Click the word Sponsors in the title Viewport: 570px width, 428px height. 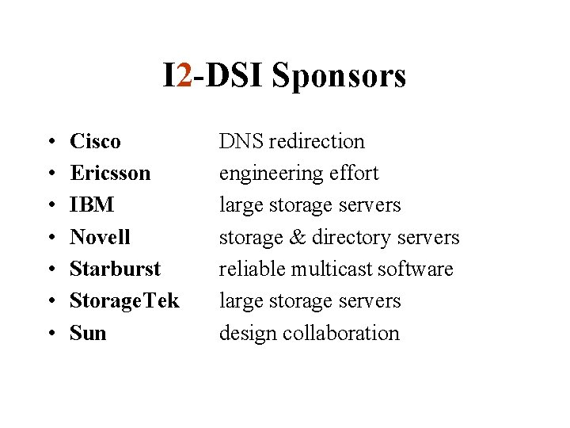(338, 76)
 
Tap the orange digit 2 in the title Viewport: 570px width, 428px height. (185, 75)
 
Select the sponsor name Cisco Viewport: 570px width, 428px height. (95, 142)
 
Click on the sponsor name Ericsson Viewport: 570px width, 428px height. (110, 174)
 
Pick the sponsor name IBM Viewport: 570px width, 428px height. (92, 205)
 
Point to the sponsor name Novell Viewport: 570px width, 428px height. (100, 237)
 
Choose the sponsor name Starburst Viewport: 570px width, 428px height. (115, 269)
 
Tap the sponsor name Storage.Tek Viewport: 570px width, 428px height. (124, 301)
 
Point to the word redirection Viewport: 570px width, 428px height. (317, 142)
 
